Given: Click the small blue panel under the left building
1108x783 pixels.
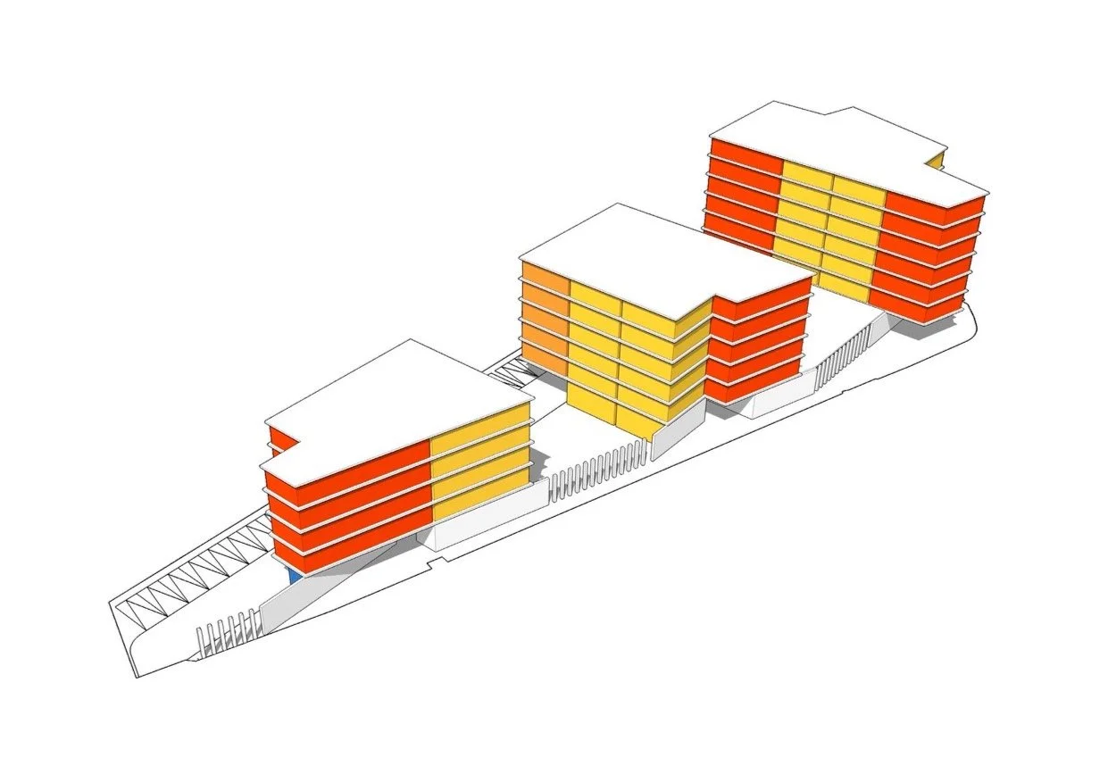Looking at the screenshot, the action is [x=294, y=576].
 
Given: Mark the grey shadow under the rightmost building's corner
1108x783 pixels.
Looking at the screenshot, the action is [x=929, y=326].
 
